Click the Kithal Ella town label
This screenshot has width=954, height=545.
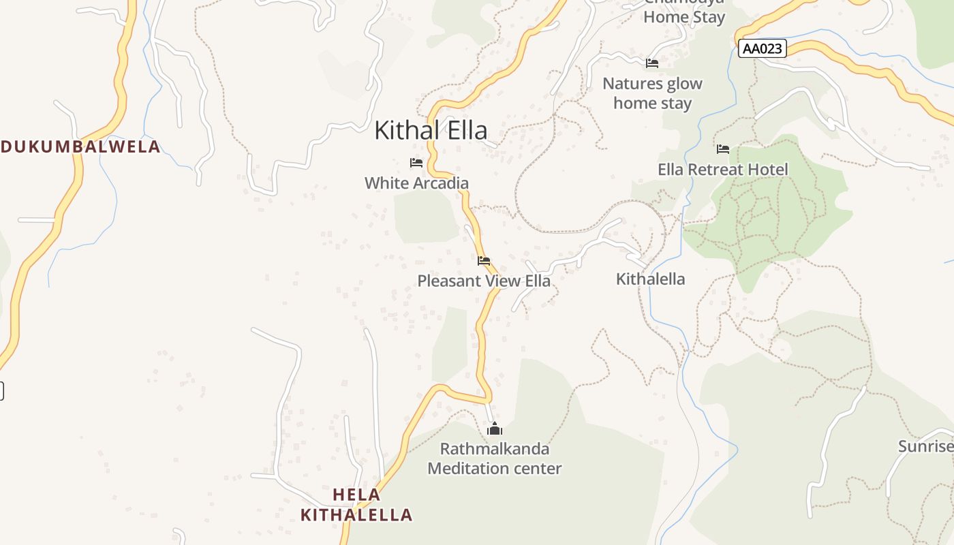(x=431, y=130)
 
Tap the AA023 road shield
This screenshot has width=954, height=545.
(x=762, y=48)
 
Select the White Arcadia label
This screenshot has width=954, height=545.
(x=416, y=183)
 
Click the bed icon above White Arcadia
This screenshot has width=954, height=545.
(x=416, y=163)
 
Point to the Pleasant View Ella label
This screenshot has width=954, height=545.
(x=484, y=281)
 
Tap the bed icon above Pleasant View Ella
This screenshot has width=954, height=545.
(x=484, y=261)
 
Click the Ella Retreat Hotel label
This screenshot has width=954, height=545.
(x=722, y=169)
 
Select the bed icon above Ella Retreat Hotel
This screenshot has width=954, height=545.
(x=723, y=149)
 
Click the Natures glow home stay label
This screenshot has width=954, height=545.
(x=652, y=93)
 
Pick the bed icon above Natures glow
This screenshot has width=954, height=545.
(x=652, y=63)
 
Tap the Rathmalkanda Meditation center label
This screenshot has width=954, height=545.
(x=494, y=458)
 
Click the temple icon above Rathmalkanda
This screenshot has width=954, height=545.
(x=495, y=429)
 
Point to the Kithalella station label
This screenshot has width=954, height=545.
(x=650, y=279)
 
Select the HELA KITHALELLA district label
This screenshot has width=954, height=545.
(x=356, y=504)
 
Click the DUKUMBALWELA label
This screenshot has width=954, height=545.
(x=80, y=146)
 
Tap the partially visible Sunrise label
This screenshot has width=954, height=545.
(x=925, y=446)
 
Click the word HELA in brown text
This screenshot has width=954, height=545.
(x=356, y=494)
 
